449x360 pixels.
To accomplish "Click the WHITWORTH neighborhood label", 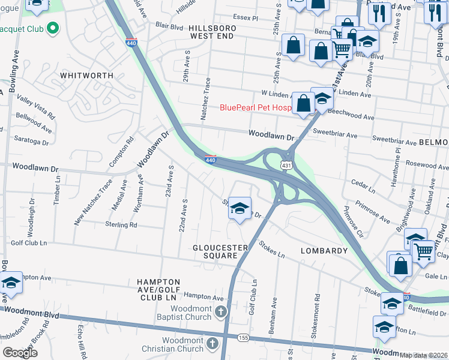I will click(x=86, y=76).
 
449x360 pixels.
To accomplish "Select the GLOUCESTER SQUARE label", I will click(x=220, y=251).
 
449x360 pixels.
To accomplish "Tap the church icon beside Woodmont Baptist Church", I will click(x=221, y=311).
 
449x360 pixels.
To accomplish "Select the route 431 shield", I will click(x=286, y=165).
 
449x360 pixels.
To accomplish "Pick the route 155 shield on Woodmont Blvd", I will click(x=243, y=338).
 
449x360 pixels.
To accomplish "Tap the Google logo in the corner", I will click(x=20, y=352).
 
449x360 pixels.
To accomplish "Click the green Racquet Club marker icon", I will click(x=52, y=28).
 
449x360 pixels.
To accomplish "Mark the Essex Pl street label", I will click(x=246, y=19).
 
